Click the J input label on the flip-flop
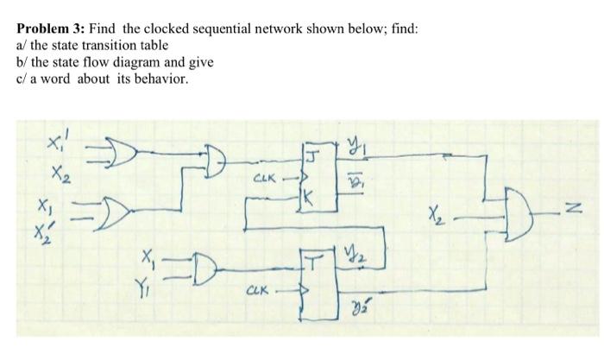(x=310, y=155)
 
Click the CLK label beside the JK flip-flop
(x=262, y=180)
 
